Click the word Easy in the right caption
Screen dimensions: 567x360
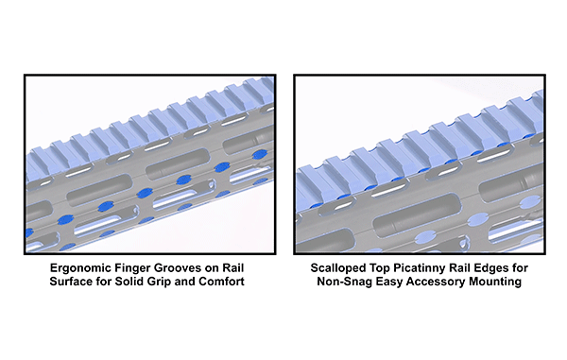point(389,282)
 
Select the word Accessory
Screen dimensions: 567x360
point(436,282)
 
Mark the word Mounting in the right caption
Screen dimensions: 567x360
point(495,282)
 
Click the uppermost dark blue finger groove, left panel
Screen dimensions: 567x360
point(260,155)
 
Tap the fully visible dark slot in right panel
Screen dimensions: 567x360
point(417,214)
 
